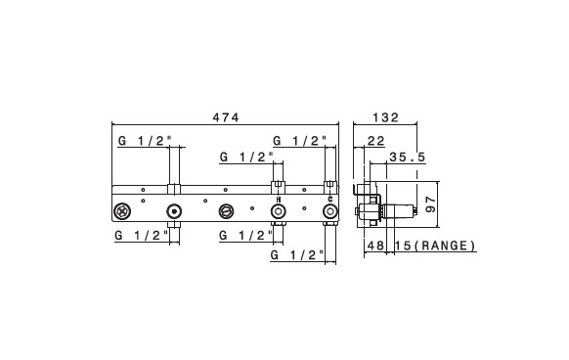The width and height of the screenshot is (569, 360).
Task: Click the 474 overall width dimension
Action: point(226,117)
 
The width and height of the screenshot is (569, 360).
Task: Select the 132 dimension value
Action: point(386,117)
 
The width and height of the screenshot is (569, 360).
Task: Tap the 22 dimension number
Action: point(376,141)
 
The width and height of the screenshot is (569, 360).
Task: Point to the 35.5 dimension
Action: point(407,157)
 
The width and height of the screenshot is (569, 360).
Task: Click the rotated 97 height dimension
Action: point(430,204)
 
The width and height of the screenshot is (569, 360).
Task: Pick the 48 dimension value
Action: point(375,246)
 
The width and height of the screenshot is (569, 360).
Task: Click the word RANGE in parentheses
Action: point(444,246)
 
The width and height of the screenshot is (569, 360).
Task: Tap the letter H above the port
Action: point(279,200)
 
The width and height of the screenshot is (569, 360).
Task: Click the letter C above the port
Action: point(329,199)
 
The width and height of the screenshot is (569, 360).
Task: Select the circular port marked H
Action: point(279,211)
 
